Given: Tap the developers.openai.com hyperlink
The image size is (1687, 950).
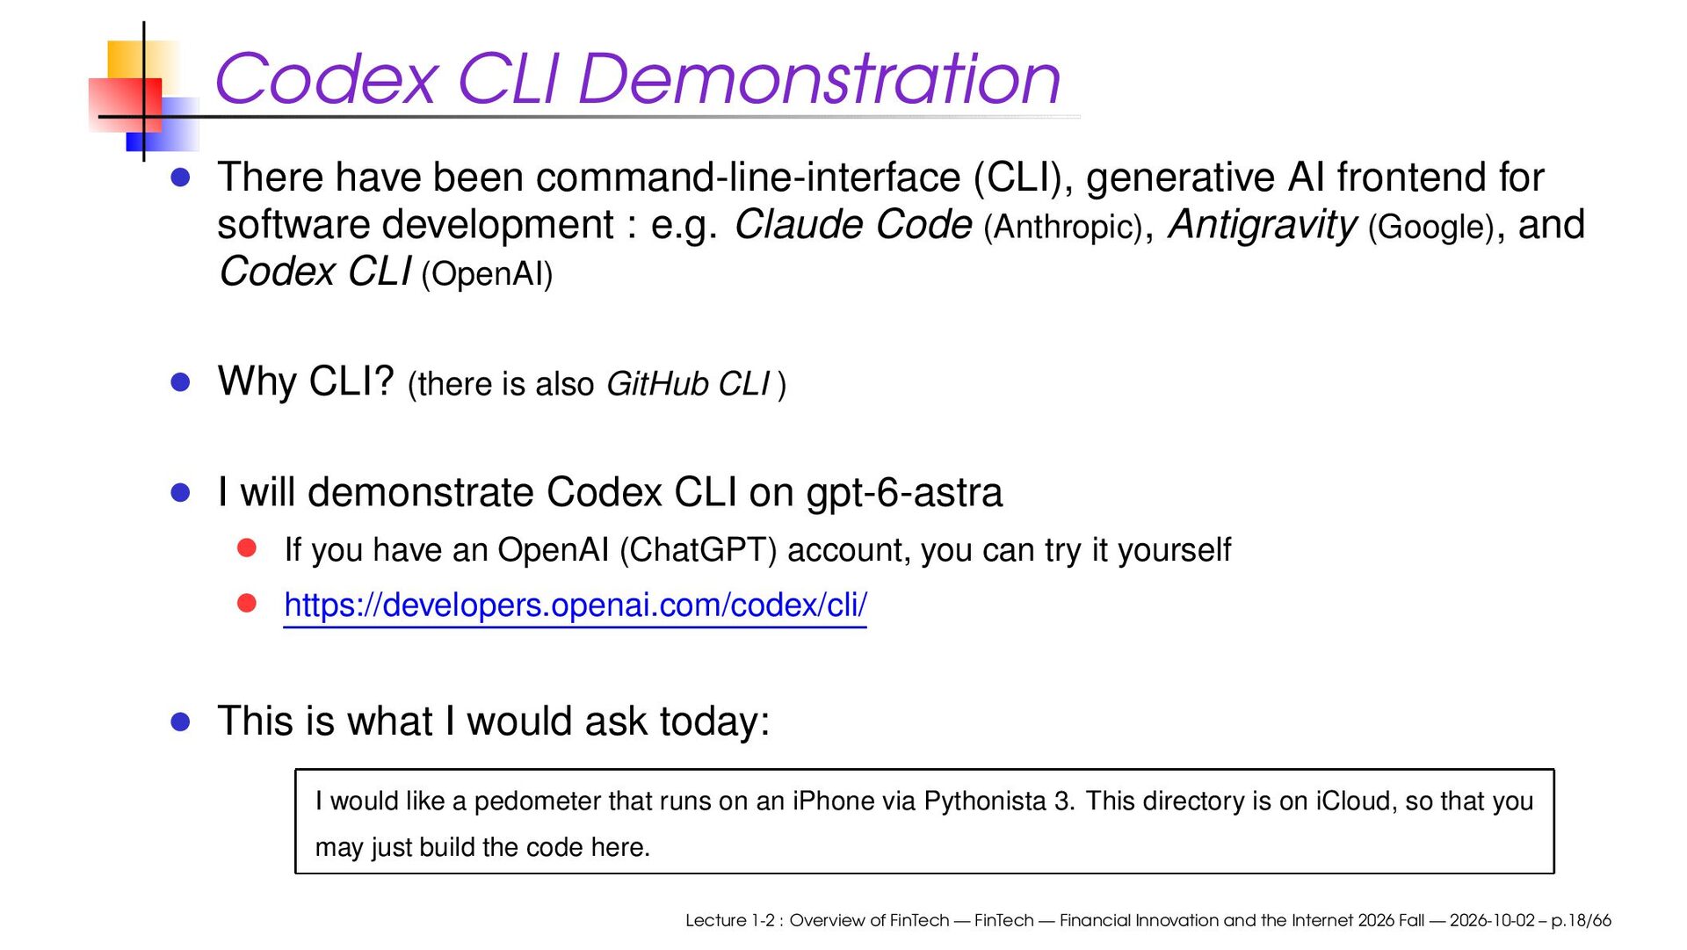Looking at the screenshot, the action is coord(576,606).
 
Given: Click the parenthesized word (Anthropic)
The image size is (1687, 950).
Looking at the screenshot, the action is coord(1063,227).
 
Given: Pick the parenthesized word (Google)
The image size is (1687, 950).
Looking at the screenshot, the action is coord(1431,227).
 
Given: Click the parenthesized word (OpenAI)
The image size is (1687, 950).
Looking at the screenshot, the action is coord(487,274).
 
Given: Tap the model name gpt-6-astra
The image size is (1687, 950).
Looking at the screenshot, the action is coord(904,493).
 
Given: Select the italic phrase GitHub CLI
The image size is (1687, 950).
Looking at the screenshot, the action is coord(688,384).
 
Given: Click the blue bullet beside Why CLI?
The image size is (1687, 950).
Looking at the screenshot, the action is coord(181,382).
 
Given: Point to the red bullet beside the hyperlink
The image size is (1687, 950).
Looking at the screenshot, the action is coord(247,604).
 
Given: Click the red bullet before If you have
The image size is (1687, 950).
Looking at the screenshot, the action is coord(247,548).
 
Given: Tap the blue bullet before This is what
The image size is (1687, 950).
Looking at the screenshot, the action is coord(181,722).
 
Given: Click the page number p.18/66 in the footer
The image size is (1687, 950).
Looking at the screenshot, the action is coord(1582,921).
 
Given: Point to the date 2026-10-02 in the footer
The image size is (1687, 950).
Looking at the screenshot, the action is coord(1492,920).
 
